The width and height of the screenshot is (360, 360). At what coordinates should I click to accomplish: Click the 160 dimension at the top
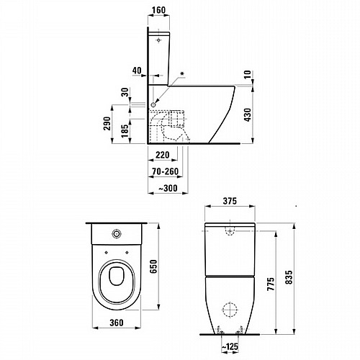click(159, 10)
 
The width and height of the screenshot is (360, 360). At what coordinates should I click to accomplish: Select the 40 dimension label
click(137, 71)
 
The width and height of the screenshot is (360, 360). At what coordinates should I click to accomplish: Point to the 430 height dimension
click(248, 114)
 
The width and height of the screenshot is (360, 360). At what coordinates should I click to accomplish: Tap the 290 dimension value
click(107, 124)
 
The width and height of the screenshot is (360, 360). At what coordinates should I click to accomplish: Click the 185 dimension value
click(125, 131)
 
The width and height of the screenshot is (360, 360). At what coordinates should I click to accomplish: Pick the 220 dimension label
click(163, 155)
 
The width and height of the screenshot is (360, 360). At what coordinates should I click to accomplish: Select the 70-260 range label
click(166, 171)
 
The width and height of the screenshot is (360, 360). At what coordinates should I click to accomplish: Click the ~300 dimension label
click(168, 188)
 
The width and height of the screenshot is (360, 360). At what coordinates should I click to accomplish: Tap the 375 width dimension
click(230, 201)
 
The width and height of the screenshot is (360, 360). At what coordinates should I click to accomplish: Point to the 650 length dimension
click(153, 266)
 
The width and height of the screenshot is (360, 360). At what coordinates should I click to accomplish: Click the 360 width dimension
click(117, 323)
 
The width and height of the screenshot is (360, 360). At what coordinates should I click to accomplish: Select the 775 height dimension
click(271, 284)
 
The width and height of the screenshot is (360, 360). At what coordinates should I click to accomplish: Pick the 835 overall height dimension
click(289, 277)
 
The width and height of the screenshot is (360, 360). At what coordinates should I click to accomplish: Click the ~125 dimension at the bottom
click(230, 346)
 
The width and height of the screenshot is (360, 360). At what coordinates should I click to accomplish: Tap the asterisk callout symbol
click(182, 73)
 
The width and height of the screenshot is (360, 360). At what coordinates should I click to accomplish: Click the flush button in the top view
click(117, 233)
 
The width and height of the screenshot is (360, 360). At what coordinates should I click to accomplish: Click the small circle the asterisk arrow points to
click(153, 105)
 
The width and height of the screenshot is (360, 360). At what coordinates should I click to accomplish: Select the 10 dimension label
click(248, 75)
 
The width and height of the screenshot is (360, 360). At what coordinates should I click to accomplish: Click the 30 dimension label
click(125, 92)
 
